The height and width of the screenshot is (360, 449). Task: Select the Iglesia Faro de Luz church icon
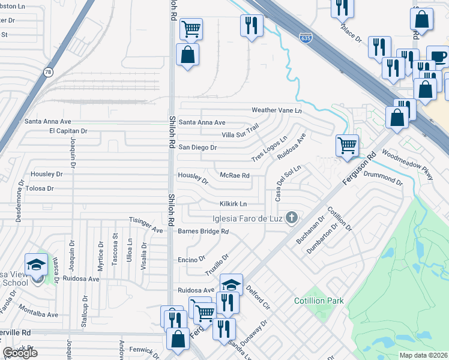coord(291,217)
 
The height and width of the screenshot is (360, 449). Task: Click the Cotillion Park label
coord(319,300)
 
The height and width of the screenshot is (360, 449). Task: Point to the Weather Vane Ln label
coord(276,110)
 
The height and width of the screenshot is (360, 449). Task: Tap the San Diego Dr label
coord(197,147)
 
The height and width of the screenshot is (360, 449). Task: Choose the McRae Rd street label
coord(235,176)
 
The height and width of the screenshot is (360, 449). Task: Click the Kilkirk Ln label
coord(233,204)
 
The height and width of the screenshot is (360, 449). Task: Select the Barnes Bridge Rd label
coord(203,231)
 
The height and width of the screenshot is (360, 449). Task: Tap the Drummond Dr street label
coord(383,176)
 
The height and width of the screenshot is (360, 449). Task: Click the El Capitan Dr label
coord(68,131)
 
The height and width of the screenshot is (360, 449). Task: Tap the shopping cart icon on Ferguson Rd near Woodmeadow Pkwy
coord(347,145)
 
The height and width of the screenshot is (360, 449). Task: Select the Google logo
coord(20,353)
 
